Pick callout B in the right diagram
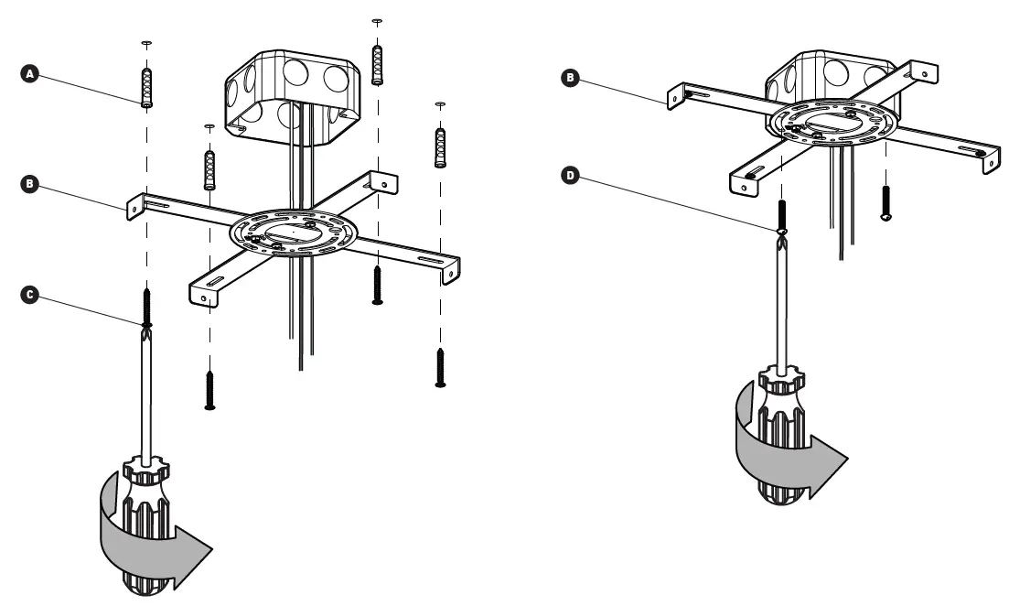pos(571,80)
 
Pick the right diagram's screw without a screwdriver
pos(885,201)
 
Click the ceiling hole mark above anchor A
pos(146,43)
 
